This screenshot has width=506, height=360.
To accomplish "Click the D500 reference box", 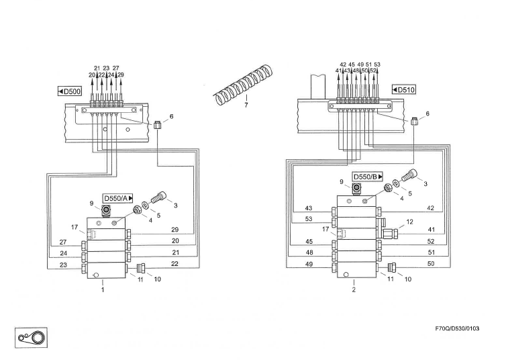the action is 69,91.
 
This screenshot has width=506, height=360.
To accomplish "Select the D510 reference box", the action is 404,90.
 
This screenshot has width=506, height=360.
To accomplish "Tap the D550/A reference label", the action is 118,198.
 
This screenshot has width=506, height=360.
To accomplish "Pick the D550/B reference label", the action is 368,177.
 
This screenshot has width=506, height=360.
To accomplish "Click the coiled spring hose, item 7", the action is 244,85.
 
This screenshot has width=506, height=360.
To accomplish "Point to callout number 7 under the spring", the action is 246,105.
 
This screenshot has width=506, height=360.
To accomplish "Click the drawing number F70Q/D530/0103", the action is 457,328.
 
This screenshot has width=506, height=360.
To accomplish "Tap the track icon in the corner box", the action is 31,338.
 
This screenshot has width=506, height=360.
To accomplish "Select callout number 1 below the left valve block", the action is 103,289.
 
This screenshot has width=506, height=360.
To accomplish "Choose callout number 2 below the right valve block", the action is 354,289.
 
